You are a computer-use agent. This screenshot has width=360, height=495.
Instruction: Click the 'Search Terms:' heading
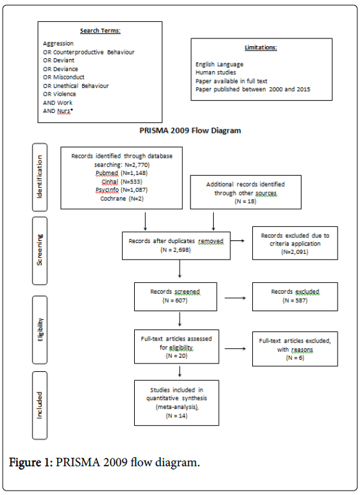pyautogui.click(x=100, y=31)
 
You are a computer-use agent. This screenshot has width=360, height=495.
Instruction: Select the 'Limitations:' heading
pyautogui.click(x=261, y=47)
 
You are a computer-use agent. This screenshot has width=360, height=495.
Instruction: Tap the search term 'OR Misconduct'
pyautogui.click(x=64, y=77)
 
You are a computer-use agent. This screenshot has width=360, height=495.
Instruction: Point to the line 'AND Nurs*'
pyautogui.click(x=58, y=111)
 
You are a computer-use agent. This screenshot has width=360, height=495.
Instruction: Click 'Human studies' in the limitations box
pyautogui.click(x=216, y=72)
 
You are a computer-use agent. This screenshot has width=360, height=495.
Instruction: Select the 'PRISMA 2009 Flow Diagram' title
pyautogui.click(x=190, y=131)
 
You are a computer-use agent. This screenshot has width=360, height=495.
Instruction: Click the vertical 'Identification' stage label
pyautogui.click(x=40, y=177)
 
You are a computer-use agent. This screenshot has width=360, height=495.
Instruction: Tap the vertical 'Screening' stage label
pyautogui.click(x=40, y=249)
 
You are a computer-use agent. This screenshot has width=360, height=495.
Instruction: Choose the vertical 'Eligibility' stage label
pyautogui.click(x=40, y=330)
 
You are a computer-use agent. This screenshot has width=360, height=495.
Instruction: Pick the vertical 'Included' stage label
pyautogui.click(x=40, y=405)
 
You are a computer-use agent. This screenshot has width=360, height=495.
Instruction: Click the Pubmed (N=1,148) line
pyautogui.click(x=122, y=173)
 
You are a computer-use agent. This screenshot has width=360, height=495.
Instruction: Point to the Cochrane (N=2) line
pyautogui.click(x=122, y=199)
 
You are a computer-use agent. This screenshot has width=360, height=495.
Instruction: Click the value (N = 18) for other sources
pyautogui.click(x=245, y=201)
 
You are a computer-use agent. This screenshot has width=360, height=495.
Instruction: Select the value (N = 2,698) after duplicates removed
pyautogui.click(x=176, y=249)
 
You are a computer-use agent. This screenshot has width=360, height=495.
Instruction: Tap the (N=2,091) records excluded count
pyautogui.click(x=295, y=252)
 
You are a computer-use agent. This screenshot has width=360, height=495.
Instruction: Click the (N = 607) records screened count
pyautogui.click(x=175, y=300)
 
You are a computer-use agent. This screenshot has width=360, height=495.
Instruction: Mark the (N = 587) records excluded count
pyautogui.click(x=295, y=300)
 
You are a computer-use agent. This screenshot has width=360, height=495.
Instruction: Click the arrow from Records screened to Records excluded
pyautogui.click(x=235, y=298)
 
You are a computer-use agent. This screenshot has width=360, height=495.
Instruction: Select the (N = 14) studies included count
pyautogui.click(x=176, y=415)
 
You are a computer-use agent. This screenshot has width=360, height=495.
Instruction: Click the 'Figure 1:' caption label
pyautogui.click(x=31, y=462)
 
